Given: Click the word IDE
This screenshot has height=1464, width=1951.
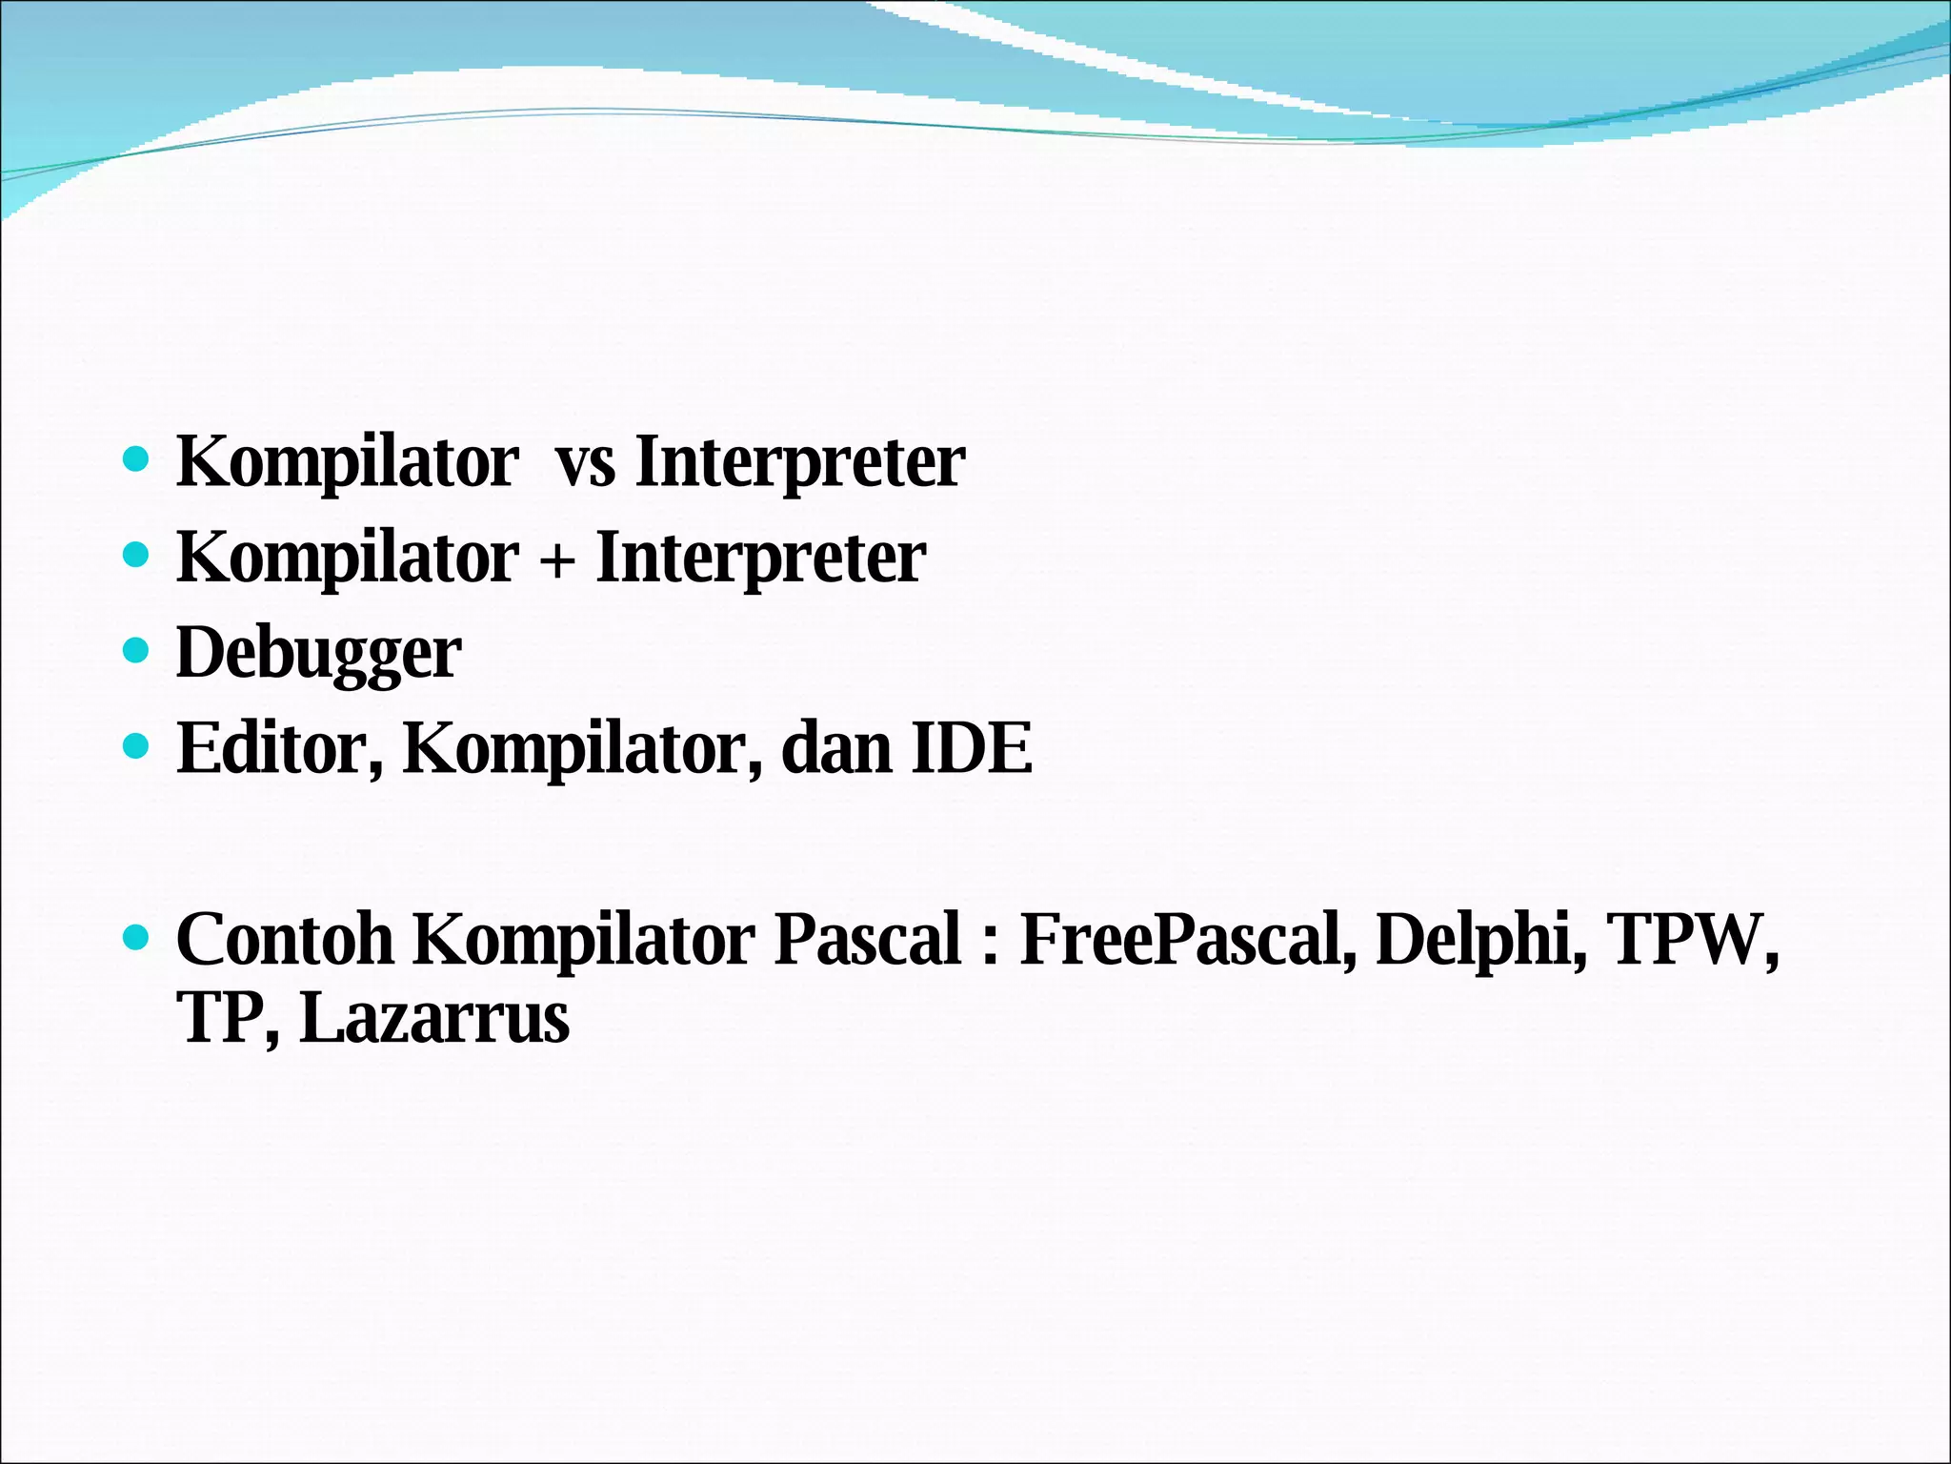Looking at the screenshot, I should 972,748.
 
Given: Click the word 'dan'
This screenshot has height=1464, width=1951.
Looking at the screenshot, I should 836,748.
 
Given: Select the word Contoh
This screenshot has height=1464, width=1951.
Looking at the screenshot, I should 284,939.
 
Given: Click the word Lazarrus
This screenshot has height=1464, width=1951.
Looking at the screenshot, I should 434,1019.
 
